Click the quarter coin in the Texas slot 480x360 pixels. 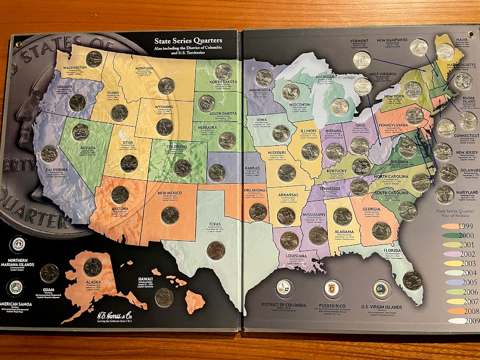215,250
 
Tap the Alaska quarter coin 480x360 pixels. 92,267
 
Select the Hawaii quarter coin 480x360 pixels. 164,298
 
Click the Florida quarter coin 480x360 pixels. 412,281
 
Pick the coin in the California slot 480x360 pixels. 49,154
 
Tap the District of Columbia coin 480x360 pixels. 284,288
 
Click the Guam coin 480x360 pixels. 50,273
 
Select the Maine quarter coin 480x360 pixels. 446,52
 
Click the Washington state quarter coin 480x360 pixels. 94,59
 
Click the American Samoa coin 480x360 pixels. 16,288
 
